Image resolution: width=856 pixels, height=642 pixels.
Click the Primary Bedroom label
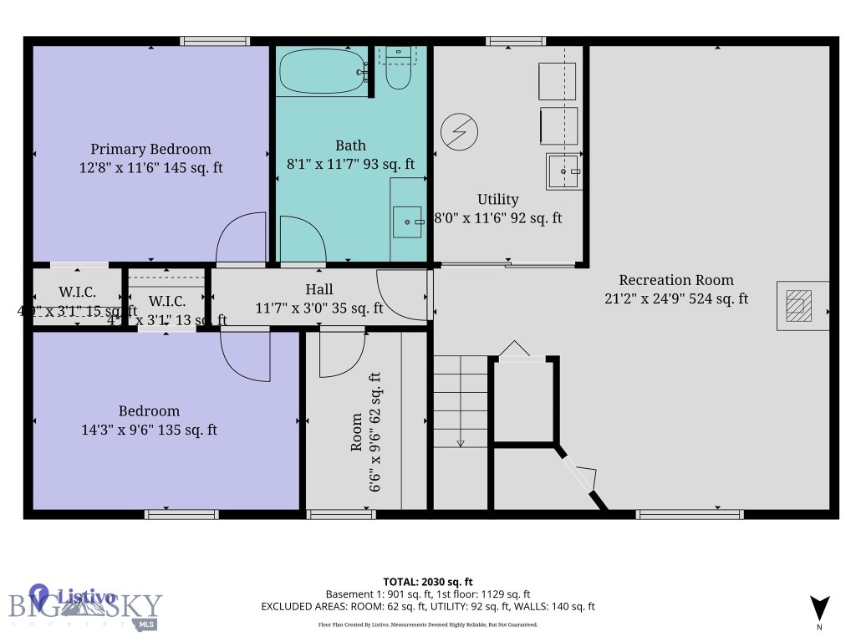point(150,150)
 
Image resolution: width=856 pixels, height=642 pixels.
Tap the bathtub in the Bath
point(322,73)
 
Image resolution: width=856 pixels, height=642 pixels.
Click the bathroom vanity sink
point(407,222)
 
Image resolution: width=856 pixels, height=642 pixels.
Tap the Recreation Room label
point(675,280)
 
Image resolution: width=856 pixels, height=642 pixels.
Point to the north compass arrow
point(819,608)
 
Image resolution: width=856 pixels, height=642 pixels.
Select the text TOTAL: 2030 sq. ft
point(428,582)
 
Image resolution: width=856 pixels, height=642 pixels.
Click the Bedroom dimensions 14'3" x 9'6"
point(149,431)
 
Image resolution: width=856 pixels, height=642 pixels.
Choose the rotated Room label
point(357,432)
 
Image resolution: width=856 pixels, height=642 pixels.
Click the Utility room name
point(497,200)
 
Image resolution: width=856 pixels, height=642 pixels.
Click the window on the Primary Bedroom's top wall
point(215,41)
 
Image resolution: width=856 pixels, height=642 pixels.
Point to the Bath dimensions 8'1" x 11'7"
point(350,165)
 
